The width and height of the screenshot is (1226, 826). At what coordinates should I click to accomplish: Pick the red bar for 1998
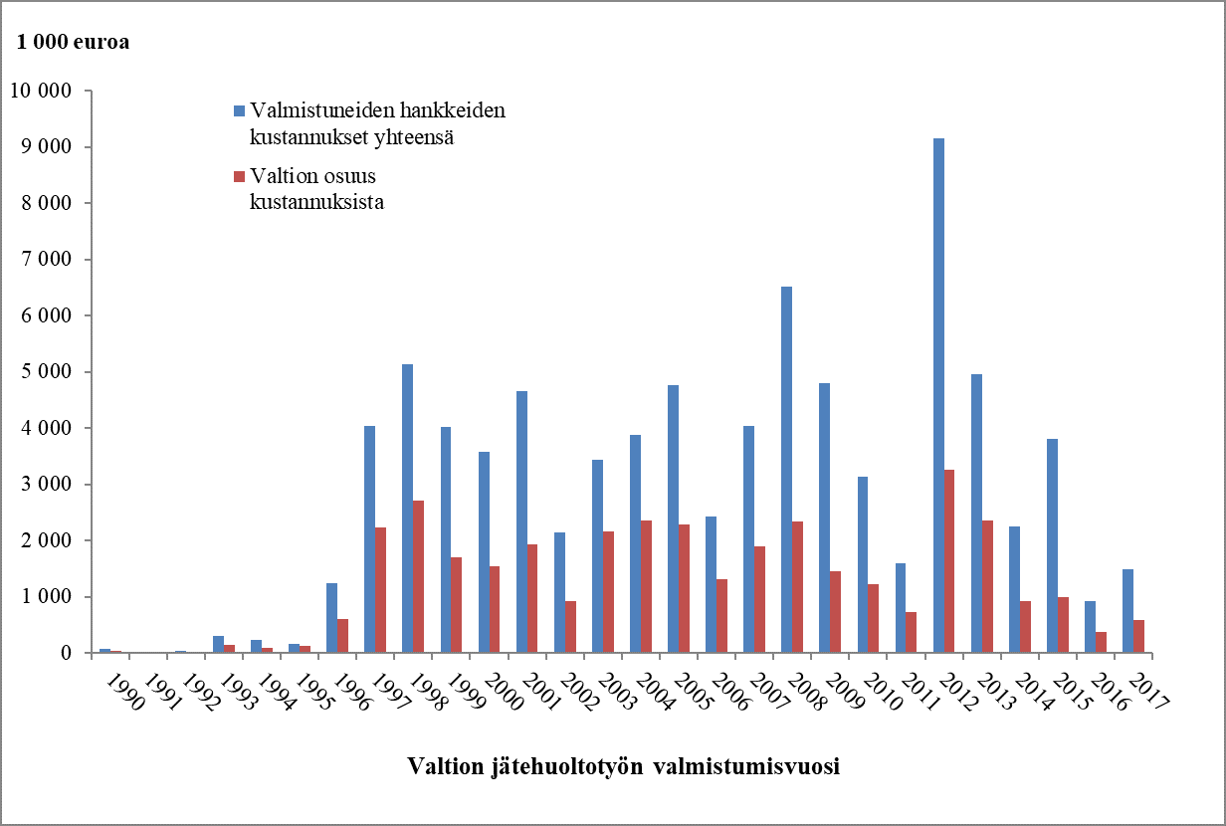pyautogui.click(x=418, y=577)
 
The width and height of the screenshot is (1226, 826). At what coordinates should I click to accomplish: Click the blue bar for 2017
pyautogui.click(x=1128, y=611)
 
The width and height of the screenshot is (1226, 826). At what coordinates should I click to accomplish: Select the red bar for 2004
pyautogui.click(x=646, y=587)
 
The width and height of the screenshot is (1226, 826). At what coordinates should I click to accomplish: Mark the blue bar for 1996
pyautogui.click(x=331, y=618)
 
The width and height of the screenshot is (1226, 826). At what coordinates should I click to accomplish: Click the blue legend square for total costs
pyautogui.click(x=239, y=109)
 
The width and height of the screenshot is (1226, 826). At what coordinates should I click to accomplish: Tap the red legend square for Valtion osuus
pyautogui.click(x=239, y=176)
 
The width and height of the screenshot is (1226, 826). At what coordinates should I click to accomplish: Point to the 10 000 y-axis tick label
pyautogui.click(x=41, y=92)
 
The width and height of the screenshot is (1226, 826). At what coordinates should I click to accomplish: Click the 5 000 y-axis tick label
pyautogui.click(x=46, y=372)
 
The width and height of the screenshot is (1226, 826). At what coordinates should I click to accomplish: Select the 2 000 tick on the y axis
pyautogui.click(x=46, y=540)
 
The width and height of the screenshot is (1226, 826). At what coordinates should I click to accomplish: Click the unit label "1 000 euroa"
pyautogui.click(x=73, y=42)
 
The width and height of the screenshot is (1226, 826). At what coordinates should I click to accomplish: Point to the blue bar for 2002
pyautogui.click(x=559, y=593)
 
